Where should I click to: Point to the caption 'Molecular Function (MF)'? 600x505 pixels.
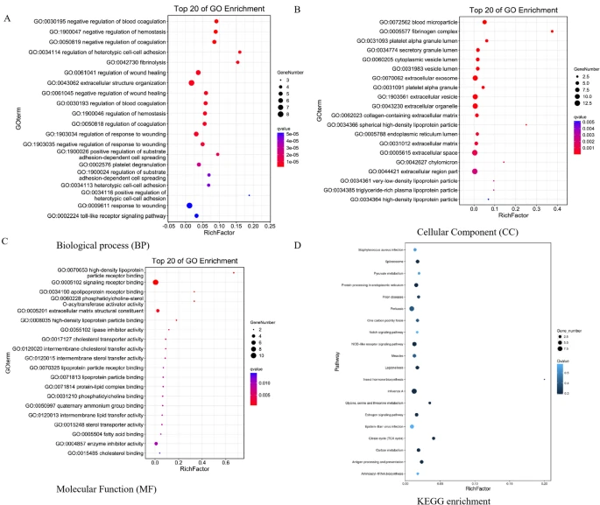(118, 475)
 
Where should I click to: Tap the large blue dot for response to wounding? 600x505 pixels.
(189, 205)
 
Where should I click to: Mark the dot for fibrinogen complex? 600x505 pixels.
(552, 31)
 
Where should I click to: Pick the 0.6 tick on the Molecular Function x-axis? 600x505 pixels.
(225, 463)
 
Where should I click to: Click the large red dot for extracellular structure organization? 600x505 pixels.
(191, 82)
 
